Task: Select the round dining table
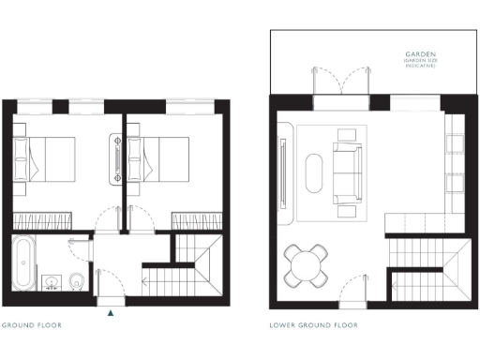pyautogui.click(x=308, y=264)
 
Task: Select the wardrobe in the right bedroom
pyautogui.click(x=196, y=218)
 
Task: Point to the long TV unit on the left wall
pyautogui.click(x=283, y=170)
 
